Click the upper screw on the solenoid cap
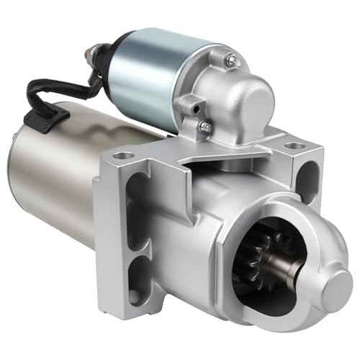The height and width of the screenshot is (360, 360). click(233, 63)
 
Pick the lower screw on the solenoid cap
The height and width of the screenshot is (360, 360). click(206, 127)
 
